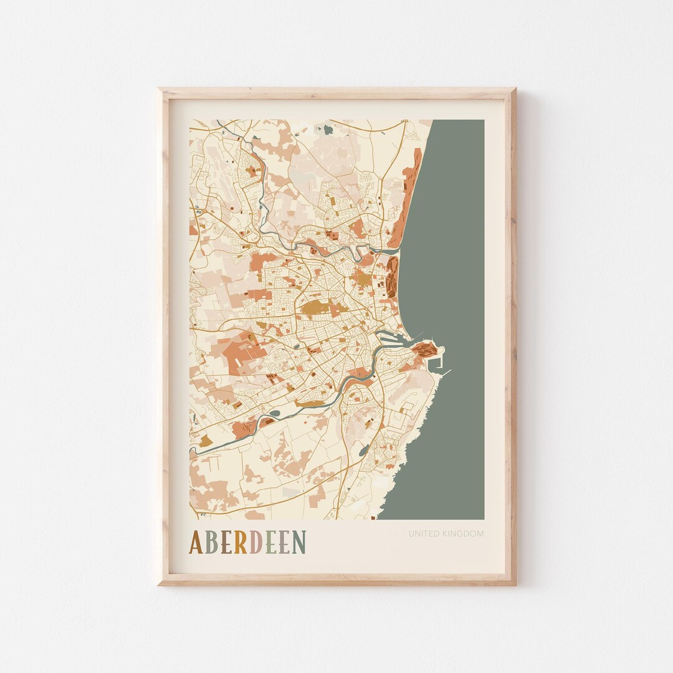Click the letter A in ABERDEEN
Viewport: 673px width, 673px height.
pyautogui.click(x=196, y=542)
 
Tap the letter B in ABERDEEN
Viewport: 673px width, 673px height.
pyautogui.click(x=212, y=542)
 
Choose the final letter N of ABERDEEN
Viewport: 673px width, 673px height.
pyautogui.click(x=299, y=542)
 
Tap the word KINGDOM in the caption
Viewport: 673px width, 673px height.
pyautogui.click(x=464, y=533)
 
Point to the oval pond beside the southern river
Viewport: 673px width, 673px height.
pyautogui.click(x=274, y=413)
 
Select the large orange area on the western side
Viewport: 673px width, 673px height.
pyautogui.click(x=240, y=352)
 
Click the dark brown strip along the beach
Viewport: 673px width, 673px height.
pyautogui.click(x=392, y=277)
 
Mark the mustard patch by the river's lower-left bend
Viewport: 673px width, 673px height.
pyautogui.click(x=206, y=441)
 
